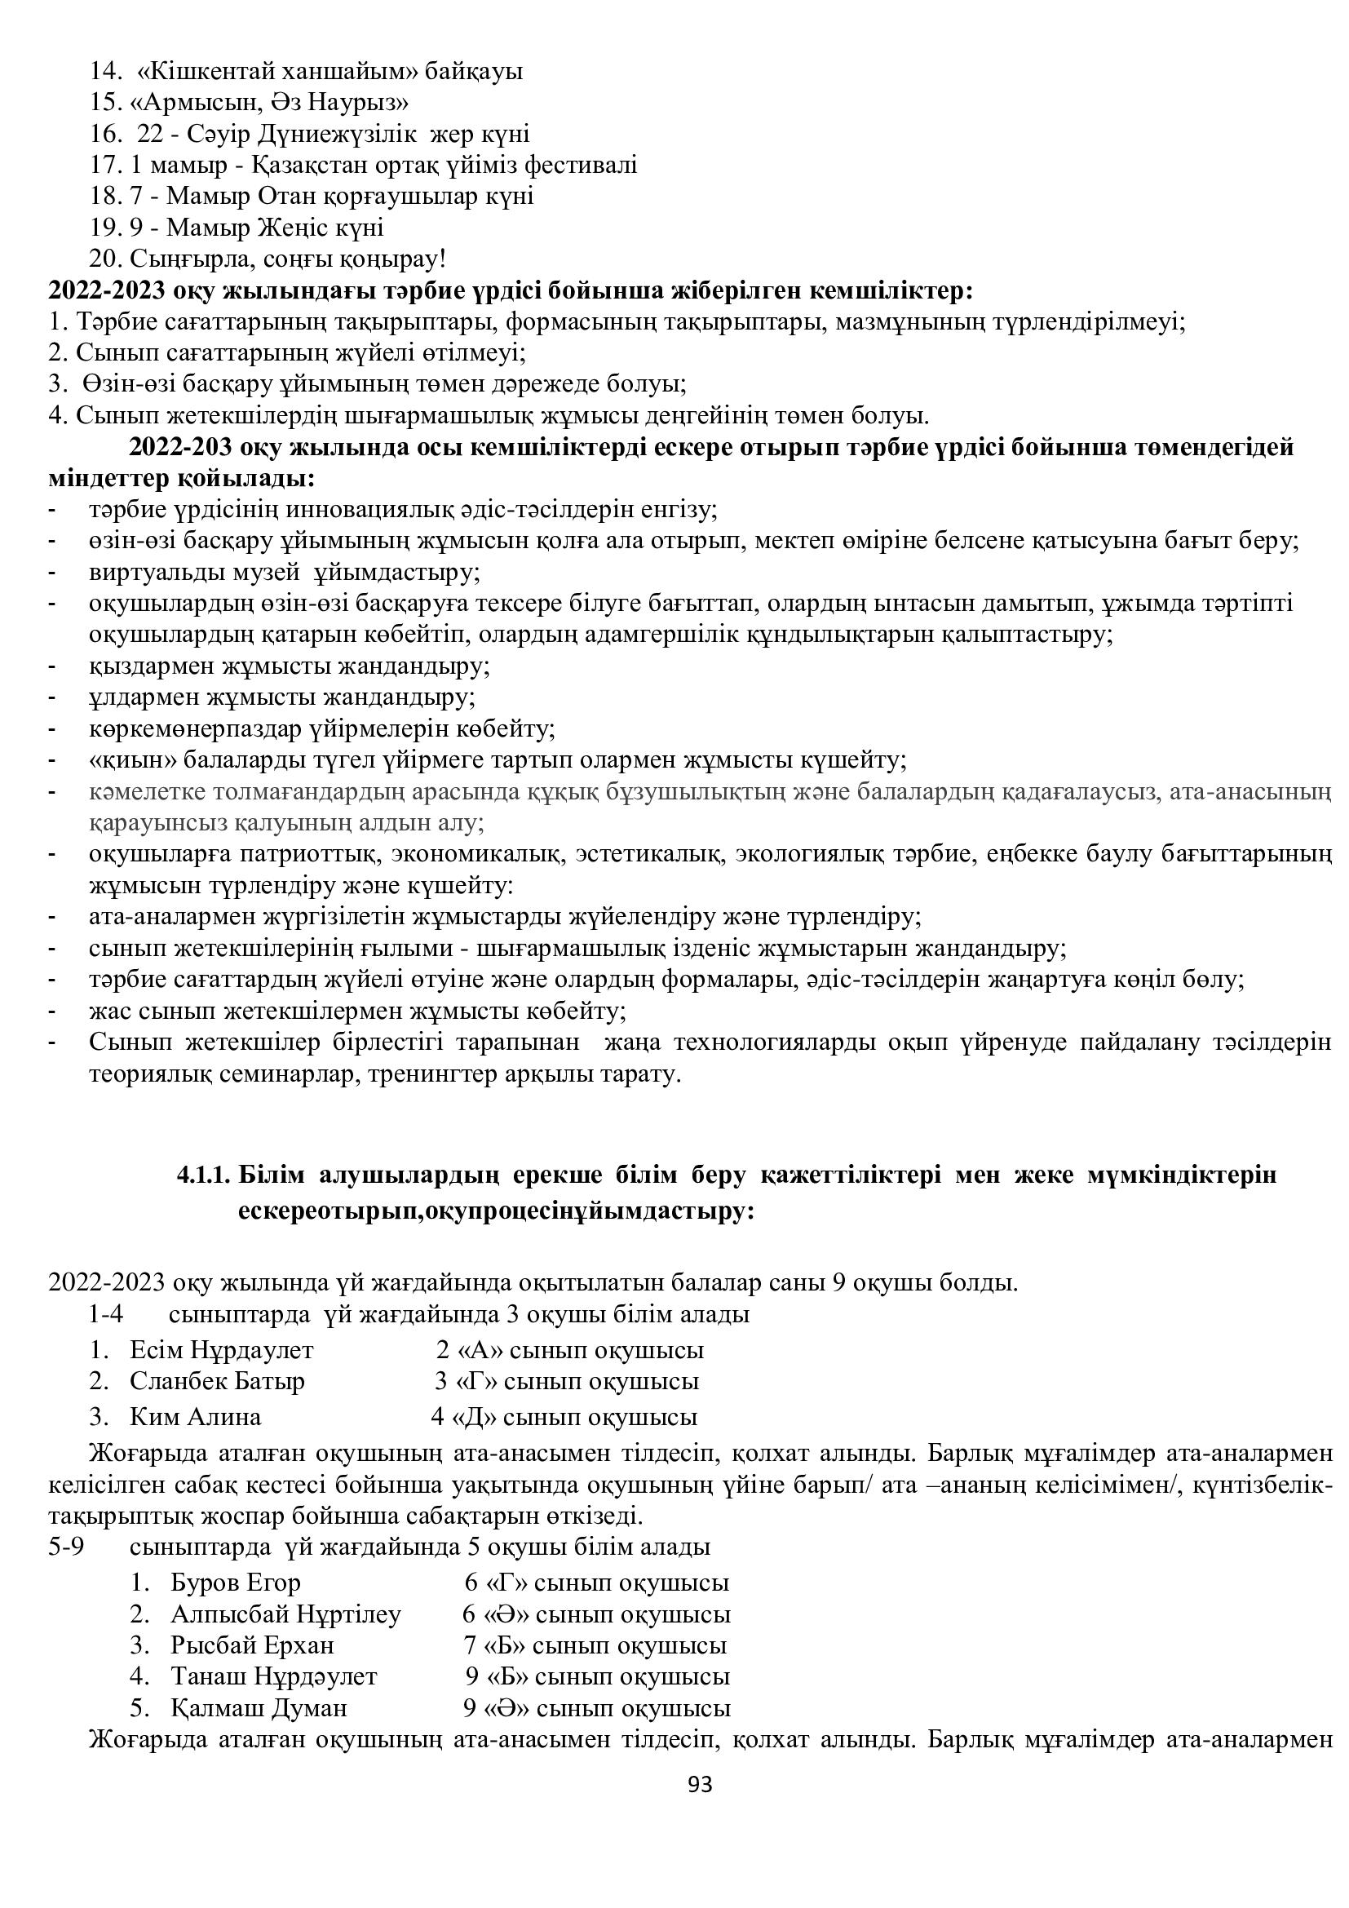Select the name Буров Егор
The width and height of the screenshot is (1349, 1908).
235,1606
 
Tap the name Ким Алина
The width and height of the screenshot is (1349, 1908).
195,1440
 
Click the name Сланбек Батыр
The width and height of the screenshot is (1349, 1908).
217,1405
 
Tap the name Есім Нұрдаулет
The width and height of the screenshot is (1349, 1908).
222,1373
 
